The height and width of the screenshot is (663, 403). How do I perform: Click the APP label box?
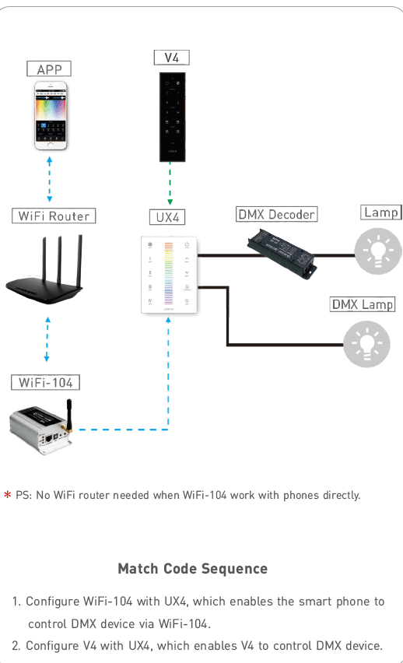point(49,68)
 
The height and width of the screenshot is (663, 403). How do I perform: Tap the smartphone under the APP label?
point(51,116)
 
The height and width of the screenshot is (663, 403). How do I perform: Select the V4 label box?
point(172,58)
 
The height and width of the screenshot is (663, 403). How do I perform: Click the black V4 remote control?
point(172,118)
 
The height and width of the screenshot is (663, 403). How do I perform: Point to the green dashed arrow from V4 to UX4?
point(170,184)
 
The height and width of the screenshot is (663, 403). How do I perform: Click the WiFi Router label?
point(54,216)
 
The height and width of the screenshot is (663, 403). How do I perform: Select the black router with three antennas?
point(44,270)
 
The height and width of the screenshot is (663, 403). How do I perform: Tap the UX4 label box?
point(167,217)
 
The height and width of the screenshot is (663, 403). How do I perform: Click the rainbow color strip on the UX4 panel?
point(168,273)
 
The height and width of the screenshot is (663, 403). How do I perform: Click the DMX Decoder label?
point(276,214)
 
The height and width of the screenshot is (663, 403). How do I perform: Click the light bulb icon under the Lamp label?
point(378,251)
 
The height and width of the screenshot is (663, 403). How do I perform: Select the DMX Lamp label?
point(363,304)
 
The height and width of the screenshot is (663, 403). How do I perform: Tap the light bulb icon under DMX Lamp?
point(366,344)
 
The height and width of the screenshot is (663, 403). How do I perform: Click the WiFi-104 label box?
point(45,382)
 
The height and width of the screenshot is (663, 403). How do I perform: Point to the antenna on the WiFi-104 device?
point(69,414)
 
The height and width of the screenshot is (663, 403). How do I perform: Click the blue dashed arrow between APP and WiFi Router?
point(50,179)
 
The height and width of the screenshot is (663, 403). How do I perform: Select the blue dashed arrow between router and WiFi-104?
point(47,339)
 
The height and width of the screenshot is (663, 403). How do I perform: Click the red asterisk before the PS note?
point(7,494)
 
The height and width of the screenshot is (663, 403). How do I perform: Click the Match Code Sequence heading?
point(192,569)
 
